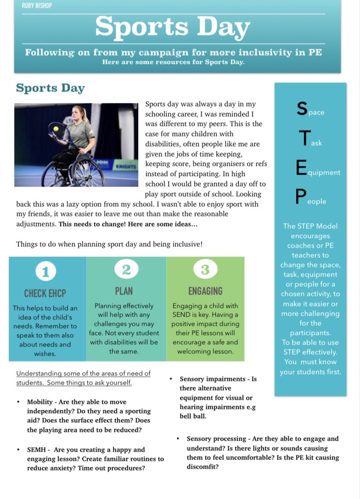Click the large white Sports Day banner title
click(x=173, y=27)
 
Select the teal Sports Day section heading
click(x=50, y=88)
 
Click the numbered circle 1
click(x=45, y=272)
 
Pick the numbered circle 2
click(x=126, y=270)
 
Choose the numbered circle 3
click(x=205, y=270)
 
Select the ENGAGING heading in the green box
click(x=205, y=291)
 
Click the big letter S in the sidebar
click(x=302, y=108)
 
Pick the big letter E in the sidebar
click(x=301, y=168)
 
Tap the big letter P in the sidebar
click(x=300, y=198)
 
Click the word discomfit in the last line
click(x=202, y=467)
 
